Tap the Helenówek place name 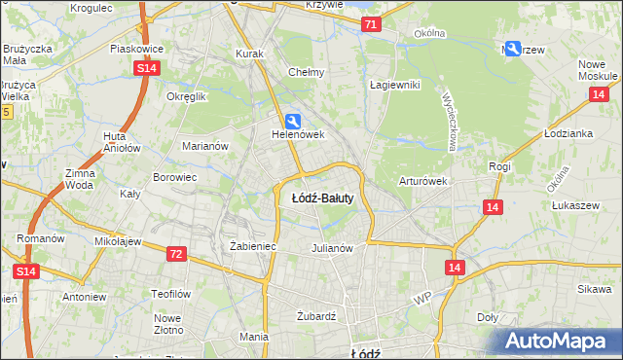[x=297, y=135]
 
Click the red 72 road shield [x=175, y=253]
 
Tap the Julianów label [x=331, y=247]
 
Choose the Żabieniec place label [x=253, y=246]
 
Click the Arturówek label [x=422, y=181]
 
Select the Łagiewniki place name [x=394, y=85]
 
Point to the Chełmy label [x=307, y=72]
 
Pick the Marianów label [x=205, y=146]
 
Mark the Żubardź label [x=315, y=316]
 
